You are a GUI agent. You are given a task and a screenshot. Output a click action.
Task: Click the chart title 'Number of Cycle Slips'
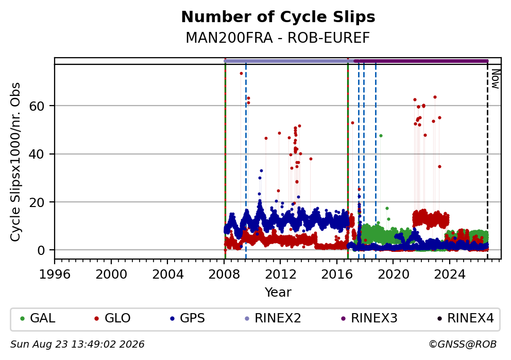point(278,17)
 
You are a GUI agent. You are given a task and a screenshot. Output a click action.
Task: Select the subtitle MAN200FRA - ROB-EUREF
point(278,38)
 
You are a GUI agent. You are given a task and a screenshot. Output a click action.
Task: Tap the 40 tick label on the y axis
point(37,154)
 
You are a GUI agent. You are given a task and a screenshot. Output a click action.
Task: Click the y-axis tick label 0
point(41,250)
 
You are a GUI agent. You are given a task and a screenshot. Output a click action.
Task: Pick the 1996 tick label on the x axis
point(55,275)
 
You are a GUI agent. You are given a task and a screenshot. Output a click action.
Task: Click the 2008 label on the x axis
point(224,275)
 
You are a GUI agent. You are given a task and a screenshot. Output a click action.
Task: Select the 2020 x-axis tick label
point(393,275)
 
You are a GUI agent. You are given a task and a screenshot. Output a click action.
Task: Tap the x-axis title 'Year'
point(278,292)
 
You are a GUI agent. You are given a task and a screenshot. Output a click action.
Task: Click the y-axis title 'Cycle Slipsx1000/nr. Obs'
point(15,162)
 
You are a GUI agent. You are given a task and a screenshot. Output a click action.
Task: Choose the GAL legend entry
point(38,318)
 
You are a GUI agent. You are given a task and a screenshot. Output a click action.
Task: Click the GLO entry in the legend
point(112,318)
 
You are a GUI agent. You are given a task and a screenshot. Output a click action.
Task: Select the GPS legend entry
point(188,318)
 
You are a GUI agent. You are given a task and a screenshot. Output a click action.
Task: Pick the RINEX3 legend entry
point(369,318)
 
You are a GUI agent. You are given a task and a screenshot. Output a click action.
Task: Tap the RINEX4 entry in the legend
point(465,318)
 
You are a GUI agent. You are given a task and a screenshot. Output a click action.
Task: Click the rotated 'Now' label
point(496,79)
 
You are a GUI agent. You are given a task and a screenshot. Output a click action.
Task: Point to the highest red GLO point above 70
point(241,73)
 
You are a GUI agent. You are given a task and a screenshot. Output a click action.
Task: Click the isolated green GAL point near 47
point(381,135)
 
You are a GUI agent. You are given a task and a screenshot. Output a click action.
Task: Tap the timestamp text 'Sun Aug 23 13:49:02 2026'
point(77,345)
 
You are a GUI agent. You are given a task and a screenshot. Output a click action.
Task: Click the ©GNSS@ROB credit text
point(463,345)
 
